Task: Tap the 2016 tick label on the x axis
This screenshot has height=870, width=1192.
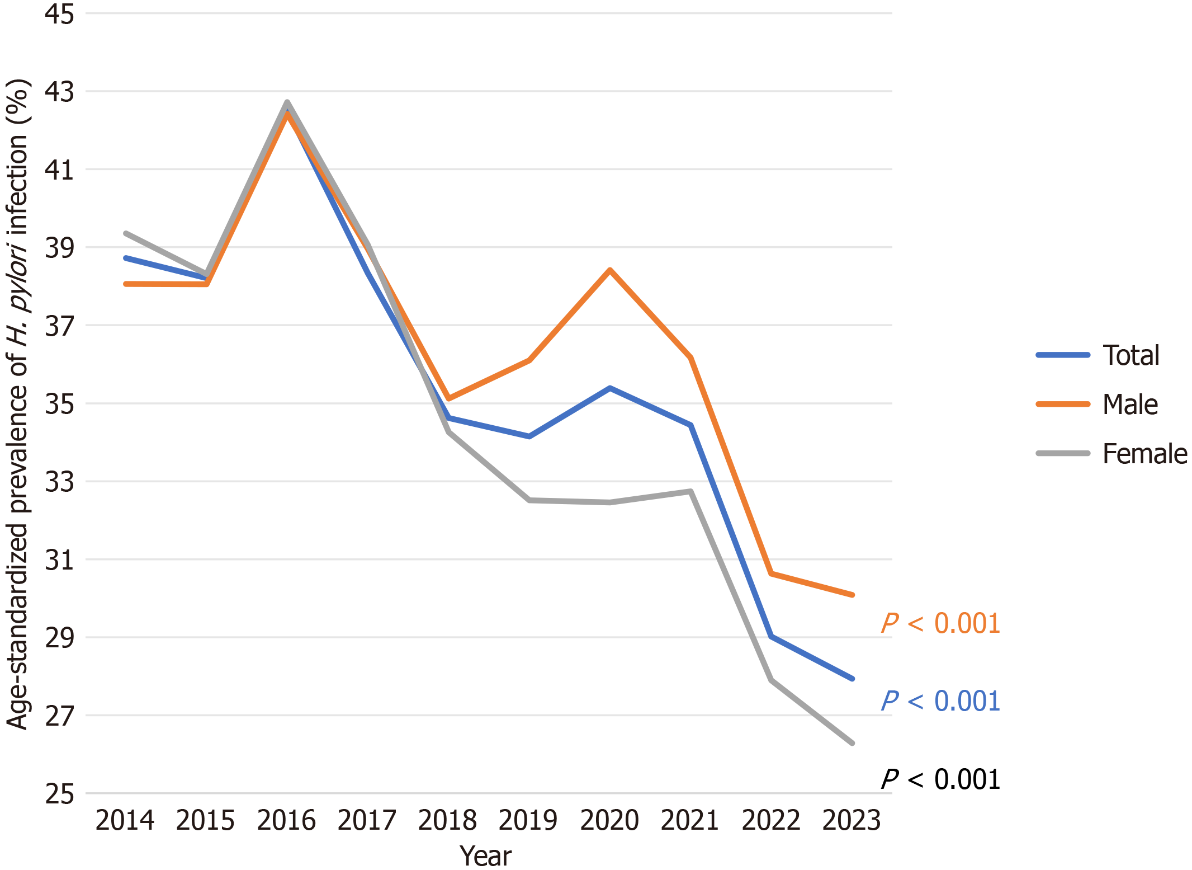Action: coord(286,821)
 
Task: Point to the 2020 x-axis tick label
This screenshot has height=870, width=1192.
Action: coord(609,821)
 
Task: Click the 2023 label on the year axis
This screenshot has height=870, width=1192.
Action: coord(852,821)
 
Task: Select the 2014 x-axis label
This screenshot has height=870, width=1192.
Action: coord(125,821)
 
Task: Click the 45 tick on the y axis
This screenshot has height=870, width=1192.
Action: coord(59,14)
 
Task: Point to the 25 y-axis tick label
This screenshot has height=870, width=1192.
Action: coord(59,794)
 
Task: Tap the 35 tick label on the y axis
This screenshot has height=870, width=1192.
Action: coord(59,404)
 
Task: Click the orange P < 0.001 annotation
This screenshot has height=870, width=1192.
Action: coord(940,623)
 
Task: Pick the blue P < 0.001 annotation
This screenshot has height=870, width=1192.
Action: coord(940,701)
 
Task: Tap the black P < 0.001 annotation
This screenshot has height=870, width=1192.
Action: coord(940,779)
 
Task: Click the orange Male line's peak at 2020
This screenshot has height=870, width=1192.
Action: coord(610,270)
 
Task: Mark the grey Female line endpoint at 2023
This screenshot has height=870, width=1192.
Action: coord(852,743)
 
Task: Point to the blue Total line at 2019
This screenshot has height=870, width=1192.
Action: coord(529,436)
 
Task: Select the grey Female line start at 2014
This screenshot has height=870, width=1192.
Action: coord(126,233)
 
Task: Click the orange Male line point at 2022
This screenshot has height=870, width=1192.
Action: coord(772,573)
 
